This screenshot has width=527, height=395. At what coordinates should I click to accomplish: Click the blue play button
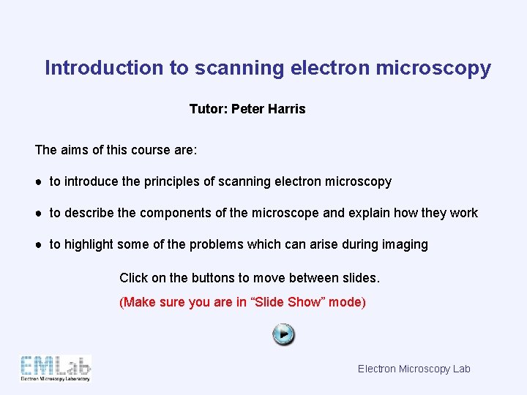(283, 335)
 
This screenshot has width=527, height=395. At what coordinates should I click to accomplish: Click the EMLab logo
(56, 368)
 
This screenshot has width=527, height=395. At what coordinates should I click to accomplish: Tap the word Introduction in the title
(105, 68)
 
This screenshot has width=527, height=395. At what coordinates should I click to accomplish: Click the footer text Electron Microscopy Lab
(414, 369)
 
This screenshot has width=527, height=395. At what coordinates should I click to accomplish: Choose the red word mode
(346, 302)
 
